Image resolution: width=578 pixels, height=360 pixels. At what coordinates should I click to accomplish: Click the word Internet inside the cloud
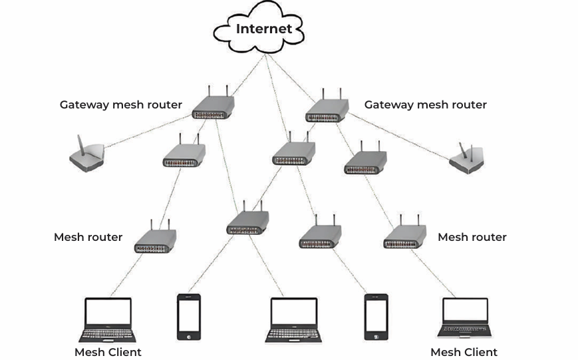263,29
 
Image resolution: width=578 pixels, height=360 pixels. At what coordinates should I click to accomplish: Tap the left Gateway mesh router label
120,104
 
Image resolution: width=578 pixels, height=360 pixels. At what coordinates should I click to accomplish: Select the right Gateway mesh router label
425,104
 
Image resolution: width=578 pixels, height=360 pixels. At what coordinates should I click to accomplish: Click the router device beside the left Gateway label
214,106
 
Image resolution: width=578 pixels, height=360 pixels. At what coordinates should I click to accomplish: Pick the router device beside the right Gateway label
327,109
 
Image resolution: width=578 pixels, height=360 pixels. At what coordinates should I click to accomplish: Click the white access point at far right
466,159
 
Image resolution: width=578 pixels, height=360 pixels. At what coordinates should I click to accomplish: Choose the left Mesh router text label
88,237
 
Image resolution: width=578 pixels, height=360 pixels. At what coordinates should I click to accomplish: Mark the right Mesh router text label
472,237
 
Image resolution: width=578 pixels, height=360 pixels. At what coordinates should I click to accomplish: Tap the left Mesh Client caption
108,352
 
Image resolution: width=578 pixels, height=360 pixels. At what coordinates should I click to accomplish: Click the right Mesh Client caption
464,352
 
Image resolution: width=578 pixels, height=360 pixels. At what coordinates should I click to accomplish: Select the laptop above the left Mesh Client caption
108,319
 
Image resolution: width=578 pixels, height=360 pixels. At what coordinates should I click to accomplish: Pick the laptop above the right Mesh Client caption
465,317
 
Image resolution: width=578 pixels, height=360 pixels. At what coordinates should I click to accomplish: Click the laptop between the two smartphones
293,319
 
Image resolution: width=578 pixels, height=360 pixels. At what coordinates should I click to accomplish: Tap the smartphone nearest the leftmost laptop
188,317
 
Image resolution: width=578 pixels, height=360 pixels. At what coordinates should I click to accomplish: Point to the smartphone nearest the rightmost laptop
376,317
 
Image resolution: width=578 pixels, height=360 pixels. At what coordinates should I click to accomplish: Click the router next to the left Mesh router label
155,240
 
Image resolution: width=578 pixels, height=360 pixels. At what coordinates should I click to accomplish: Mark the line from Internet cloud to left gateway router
243,75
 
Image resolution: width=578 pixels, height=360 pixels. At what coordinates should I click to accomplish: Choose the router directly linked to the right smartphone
320,236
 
